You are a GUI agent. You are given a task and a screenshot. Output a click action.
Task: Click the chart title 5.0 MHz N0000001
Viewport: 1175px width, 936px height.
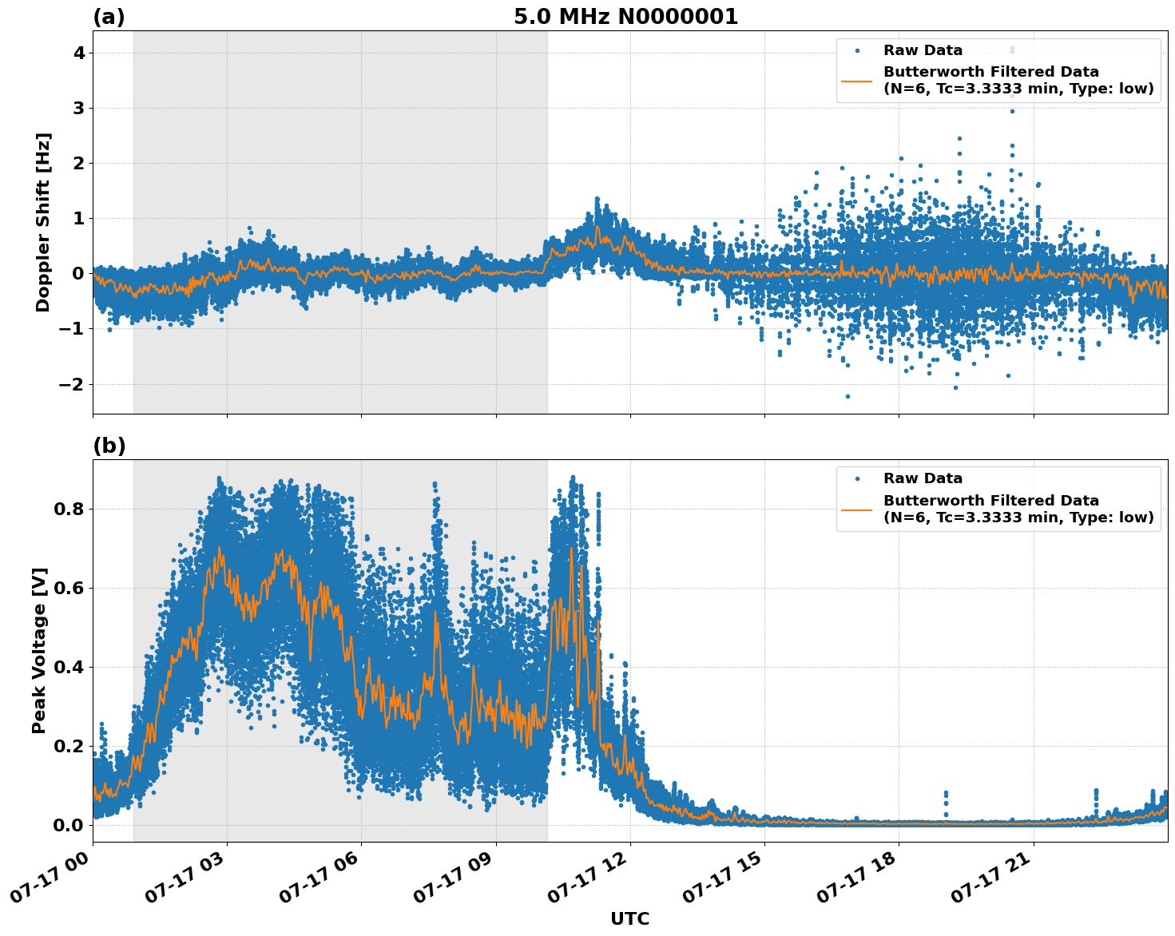click(625, 17)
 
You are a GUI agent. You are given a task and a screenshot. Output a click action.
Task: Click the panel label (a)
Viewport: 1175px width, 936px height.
click(109, 17)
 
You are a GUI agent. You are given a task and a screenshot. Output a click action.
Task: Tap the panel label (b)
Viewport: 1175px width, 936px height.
click(109, 446)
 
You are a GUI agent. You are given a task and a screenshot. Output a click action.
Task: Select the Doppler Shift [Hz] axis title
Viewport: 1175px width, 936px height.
click(43, 222)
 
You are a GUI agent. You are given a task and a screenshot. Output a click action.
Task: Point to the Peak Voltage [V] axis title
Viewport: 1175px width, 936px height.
click(39, 650)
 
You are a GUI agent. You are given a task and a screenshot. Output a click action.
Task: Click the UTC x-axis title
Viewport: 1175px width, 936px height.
click(629, 918)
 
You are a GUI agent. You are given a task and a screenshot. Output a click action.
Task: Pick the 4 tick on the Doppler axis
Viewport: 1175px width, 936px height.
click(79, 53)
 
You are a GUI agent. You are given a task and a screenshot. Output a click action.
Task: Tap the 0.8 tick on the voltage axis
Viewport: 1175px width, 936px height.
click(73, 509)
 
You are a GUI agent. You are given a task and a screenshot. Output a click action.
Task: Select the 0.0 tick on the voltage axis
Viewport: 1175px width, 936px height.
click(73, 825)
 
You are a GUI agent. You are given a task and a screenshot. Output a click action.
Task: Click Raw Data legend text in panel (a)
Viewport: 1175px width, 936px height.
click(923, 50)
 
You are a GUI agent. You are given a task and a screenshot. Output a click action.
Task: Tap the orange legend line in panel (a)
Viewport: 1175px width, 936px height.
click(857, 81)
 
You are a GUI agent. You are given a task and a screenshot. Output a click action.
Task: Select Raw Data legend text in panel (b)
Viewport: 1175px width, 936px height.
click(923, 478)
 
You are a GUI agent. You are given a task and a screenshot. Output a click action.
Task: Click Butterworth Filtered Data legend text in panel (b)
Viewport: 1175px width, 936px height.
click(990, 501)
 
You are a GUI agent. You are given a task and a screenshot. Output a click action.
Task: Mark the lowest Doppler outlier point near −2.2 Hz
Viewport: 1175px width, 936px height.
click(848, 396)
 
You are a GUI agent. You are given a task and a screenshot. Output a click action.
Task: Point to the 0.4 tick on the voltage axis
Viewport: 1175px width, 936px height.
click(73, 667)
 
